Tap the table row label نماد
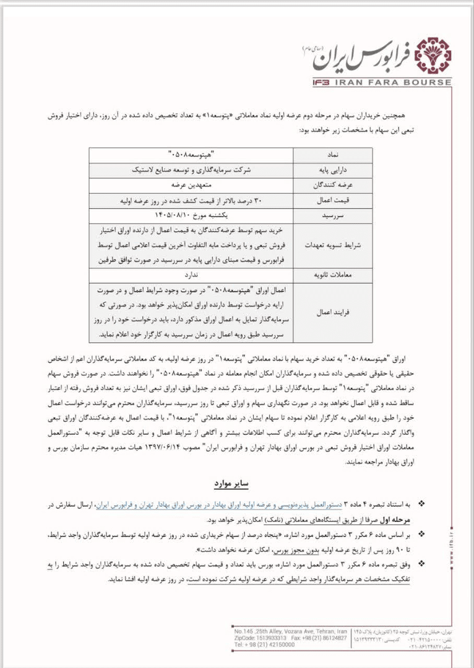tap(334, 153)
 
